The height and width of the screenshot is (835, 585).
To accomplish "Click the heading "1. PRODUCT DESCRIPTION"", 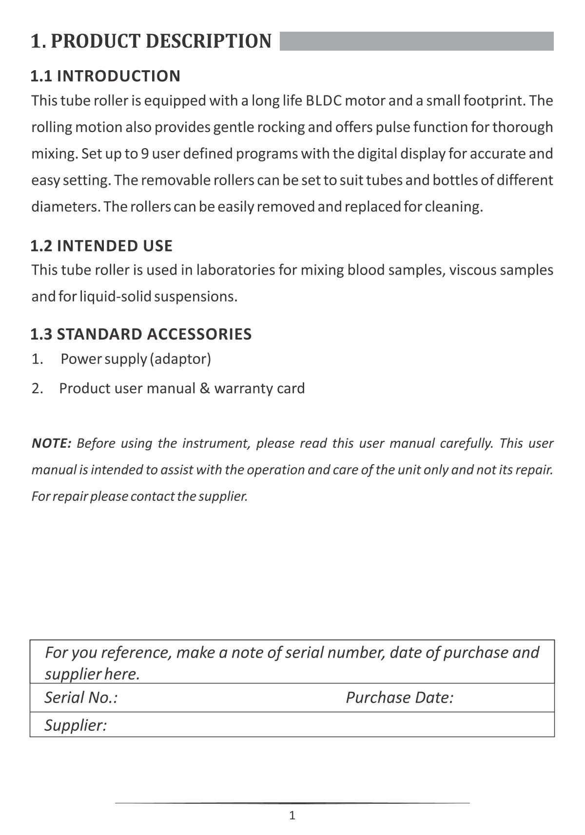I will pos(151,41).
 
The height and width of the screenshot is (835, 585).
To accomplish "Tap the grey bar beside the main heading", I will pos(416,41).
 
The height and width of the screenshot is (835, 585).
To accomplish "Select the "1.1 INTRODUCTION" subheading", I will pos(105,76).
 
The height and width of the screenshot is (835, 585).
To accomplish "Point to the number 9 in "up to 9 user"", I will pos(145,154).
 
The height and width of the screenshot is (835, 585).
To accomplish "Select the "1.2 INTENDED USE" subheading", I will pos(101,246).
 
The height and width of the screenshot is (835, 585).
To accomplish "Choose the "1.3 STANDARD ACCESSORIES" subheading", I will pos(141,334).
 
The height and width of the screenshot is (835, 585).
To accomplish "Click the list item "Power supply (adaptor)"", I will pos(136,359).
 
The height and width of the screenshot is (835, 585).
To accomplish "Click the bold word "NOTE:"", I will pos(51,443).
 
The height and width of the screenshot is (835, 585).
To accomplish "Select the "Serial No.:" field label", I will pos(81,698).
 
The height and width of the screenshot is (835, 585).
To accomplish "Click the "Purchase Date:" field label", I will pos(399,698).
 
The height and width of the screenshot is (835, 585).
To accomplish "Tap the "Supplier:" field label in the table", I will pos(76,725).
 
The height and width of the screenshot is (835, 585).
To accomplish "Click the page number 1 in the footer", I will pos(292,816).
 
